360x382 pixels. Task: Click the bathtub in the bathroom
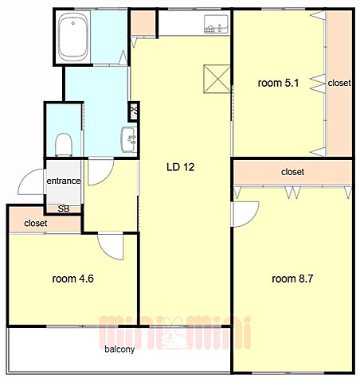[72, 37]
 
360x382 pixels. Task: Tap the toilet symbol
[64, 145]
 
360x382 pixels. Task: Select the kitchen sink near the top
[216, 25]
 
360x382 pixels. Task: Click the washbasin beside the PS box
[129, 139]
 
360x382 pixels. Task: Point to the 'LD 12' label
[181, 167]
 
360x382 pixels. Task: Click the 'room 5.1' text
[278, 83]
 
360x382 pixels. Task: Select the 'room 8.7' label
[292, 279]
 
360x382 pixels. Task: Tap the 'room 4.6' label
[72, 279]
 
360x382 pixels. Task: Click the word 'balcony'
[119, 349]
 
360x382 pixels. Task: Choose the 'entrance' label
[64, 181]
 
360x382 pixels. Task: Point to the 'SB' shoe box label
[64, 209]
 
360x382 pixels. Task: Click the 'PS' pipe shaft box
[134, 111]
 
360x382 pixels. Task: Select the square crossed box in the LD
[217, 79]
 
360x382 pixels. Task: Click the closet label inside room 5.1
[339, 83]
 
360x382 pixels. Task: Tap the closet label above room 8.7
[292, 172]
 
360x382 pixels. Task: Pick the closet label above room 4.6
[36, 224]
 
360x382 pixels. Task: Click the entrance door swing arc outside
[25, 177]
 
